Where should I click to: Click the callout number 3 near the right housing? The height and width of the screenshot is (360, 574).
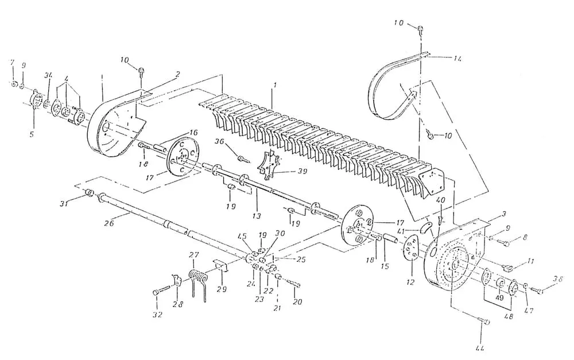(x=503, y=214)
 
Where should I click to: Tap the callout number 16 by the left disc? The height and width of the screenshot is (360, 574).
(x=193, y=133)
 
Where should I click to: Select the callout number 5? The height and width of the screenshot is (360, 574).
(x=32, y=135)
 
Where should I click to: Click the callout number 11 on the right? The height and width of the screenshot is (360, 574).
(x=531, y=261)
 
